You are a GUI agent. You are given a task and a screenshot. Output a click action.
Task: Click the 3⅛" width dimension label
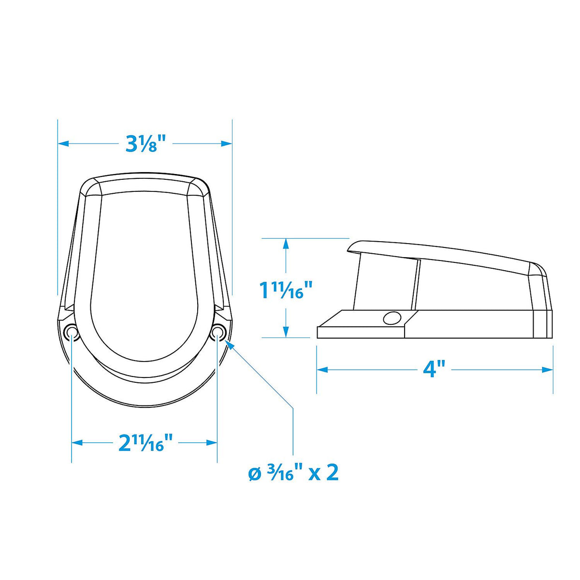(x=145, y=144)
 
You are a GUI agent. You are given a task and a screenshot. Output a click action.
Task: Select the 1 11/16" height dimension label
(x=286, y=290)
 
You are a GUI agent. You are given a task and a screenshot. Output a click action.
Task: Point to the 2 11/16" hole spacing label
(x=145, y=442)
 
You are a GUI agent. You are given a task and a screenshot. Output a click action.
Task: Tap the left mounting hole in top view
(x=72, y=332)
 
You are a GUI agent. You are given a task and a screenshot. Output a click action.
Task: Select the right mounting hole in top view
(x=217, y=332)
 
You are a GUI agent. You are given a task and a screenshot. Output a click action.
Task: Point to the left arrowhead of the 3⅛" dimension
(x=63, y=144)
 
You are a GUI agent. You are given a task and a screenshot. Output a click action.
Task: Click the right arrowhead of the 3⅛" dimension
(x=227, y=144)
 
